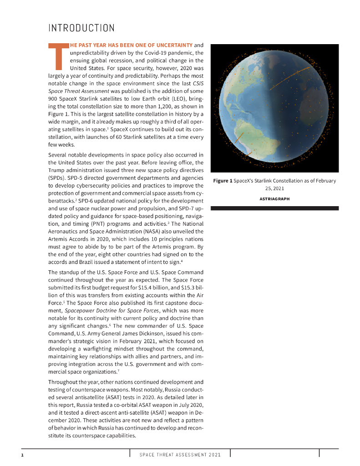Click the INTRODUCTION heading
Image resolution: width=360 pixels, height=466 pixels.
pos(81,28)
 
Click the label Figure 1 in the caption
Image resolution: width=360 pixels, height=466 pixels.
pos(223,181)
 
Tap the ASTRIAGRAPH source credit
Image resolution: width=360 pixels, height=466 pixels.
pos(274,198)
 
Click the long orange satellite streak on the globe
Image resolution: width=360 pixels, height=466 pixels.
pos(285,78)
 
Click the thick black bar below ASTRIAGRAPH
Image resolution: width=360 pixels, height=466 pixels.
pos(274,208)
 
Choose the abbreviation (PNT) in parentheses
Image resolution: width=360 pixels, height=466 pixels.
pos(88,223)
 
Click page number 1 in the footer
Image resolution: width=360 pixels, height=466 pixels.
pos(22,455)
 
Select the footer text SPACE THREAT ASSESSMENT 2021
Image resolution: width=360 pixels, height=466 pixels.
pos(180,455)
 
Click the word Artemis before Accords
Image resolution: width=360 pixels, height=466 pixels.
pos(58,239)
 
